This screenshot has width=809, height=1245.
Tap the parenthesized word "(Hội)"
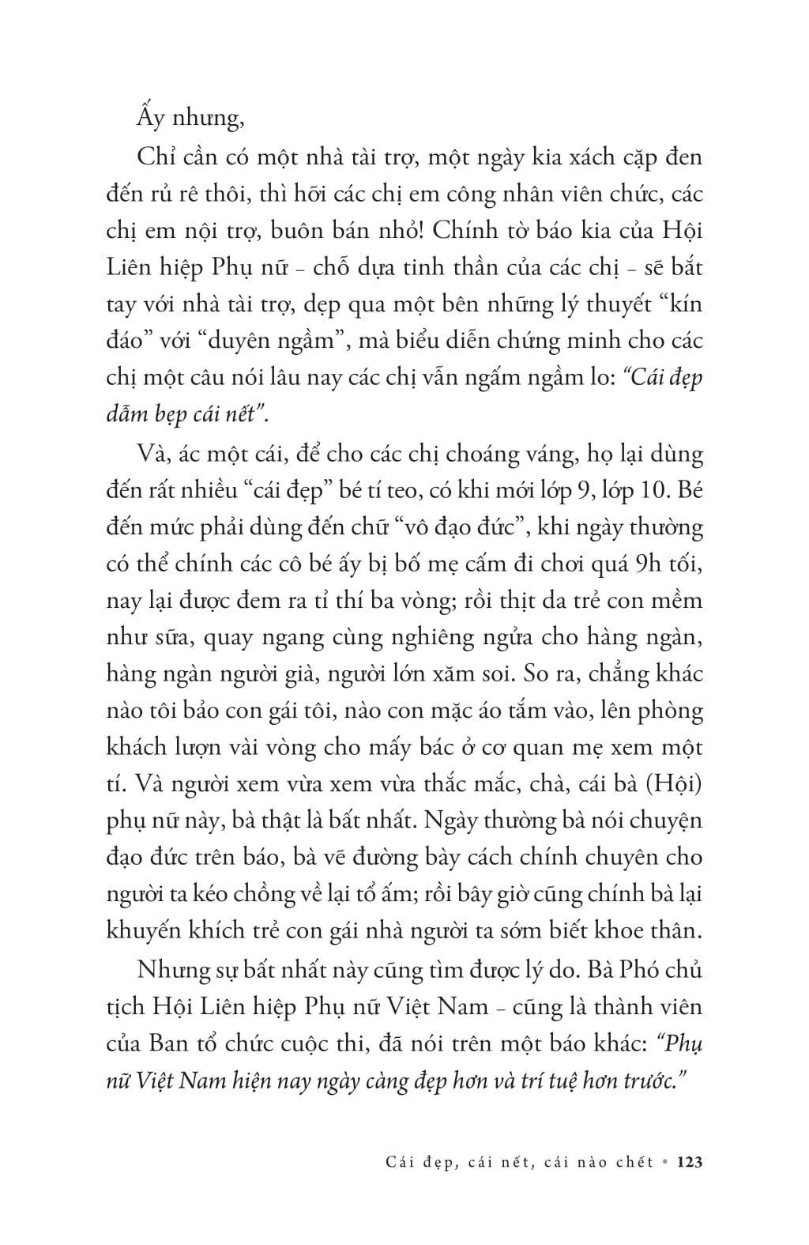672,783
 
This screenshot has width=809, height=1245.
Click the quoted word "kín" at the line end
682,304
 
